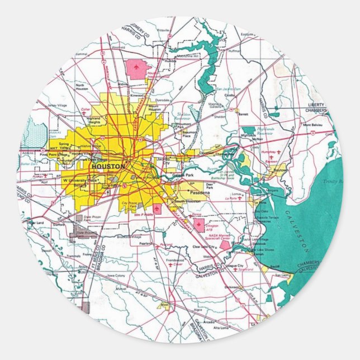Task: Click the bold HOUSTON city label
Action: click(x=105, y=167)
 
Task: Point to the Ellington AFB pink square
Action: click(x=198, y=225)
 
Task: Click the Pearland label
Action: click(x=146, y=243)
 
